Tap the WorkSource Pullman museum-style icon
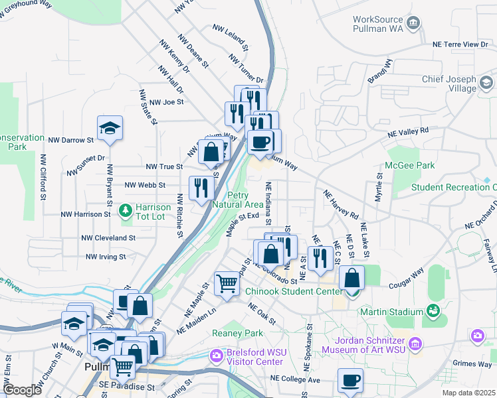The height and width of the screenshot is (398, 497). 413,25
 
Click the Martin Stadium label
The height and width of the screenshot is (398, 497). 391,311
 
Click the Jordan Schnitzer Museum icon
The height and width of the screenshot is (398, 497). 415,344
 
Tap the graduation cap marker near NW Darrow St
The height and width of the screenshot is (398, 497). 110,129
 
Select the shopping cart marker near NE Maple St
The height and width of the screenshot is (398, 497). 227,285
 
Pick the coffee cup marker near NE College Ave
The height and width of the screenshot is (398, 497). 350,381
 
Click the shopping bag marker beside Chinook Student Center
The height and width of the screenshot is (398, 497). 351,278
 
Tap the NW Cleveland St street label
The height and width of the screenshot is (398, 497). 108,237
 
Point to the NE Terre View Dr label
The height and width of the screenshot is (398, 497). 460,44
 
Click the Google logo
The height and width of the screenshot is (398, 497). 21,390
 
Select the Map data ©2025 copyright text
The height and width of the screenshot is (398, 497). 468,393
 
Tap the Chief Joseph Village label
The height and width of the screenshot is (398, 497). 449,84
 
